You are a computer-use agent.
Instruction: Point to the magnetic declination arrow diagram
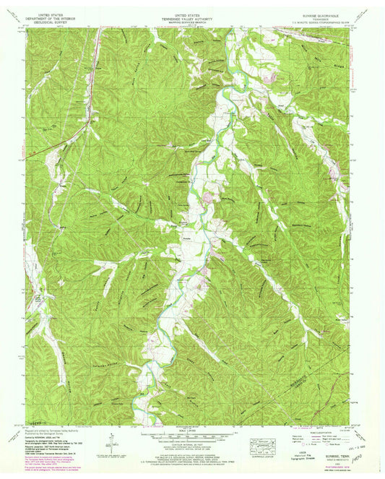coord(113,438)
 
